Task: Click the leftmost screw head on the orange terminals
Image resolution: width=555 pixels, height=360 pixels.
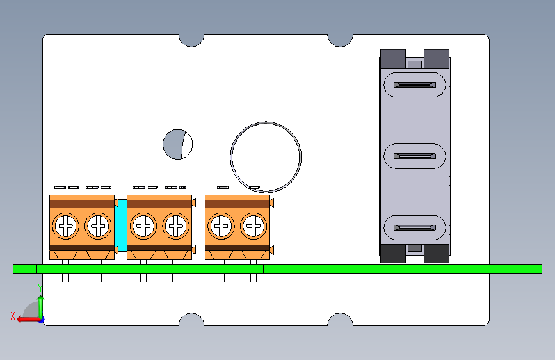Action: [x=66, y=225]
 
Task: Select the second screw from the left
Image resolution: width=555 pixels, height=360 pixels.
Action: [x=98, y=225]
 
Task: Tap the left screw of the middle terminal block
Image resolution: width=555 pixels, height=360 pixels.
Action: [x=143, y=225]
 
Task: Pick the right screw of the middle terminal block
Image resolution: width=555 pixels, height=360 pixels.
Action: [x=176, y=225]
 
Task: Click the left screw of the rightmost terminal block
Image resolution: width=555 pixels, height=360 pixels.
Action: [x=221, y=225]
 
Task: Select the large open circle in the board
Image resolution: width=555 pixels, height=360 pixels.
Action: [x=266, y=156]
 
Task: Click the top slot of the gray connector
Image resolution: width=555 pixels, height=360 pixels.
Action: [x=414, y=85]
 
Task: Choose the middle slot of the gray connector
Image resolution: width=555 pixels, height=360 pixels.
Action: [x=414, y=156]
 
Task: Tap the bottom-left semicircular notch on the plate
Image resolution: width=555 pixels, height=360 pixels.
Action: [x=191, y=320]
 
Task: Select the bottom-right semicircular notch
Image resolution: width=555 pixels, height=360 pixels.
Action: [x=341, y=320]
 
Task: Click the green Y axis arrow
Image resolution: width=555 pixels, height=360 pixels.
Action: [x=41, y=305]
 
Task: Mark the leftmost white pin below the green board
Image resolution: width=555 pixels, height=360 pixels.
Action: [x=65, y=278]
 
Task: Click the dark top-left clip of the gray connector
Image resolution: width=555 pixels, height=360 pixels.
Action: [x=393, y=58]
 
